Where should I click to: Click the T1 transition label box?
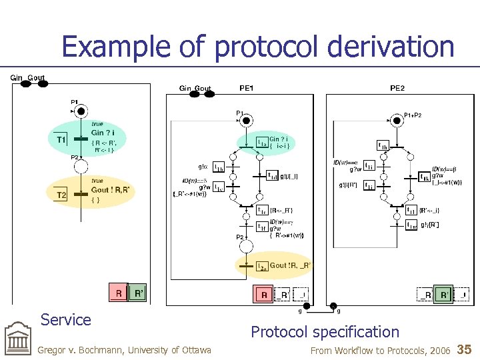(61, 139)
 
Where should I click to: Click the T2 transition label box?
(61, 194)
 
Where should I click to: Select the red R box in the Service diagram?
(119, 293)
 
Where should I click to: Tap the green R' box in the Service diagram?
(138, 293)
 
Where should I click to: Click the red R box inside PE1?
(264, 295)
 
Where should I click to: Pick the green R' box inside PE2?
(443, 295)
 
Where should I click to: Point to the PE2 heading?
(397, 87)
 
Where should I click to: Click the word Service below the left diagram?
(65, 320)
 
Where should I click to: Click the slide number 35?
(465, 349)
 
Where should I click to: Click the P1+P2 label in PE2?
(413, 115)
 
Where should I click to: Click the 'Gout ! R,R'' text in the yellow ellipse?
(109, 189)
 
